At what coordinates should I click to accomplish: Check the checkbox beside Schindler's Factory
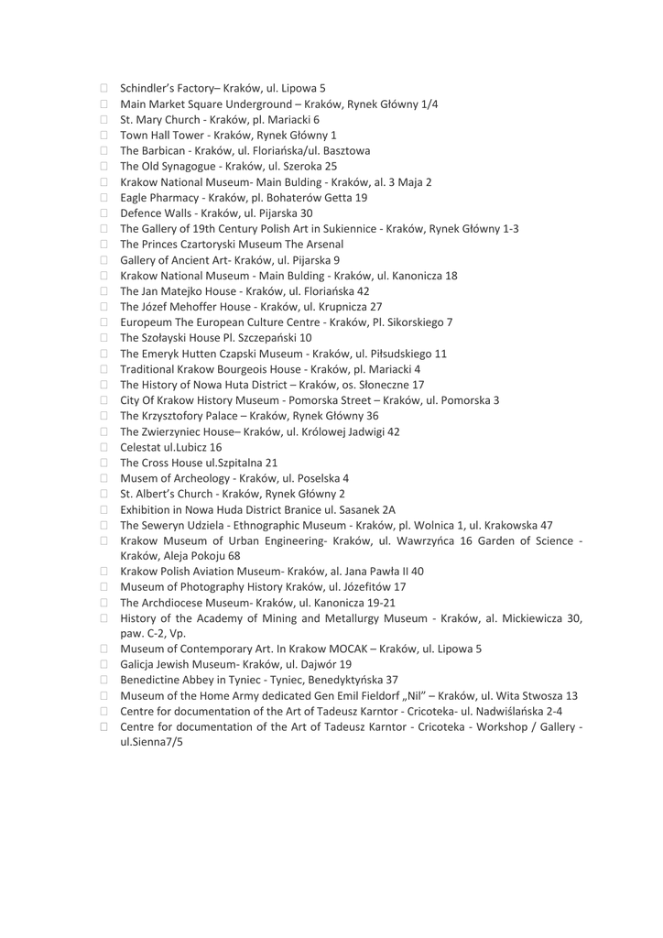coord(104,89)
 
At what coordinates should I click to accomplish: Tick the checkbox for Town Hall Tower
coord(104,136)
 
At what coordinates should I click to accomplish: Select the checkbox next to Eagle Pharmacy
coord(104,198)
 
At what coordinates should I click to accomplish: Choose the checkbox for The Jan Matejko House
coord(104,291)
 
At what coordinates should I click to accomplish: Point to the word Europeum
coord(148,322)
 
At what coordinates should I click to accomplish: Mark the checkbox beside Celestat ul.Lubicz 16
coord(104,448)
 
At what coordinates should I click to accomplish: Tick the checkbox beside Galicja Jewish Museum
coord(104,665)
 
